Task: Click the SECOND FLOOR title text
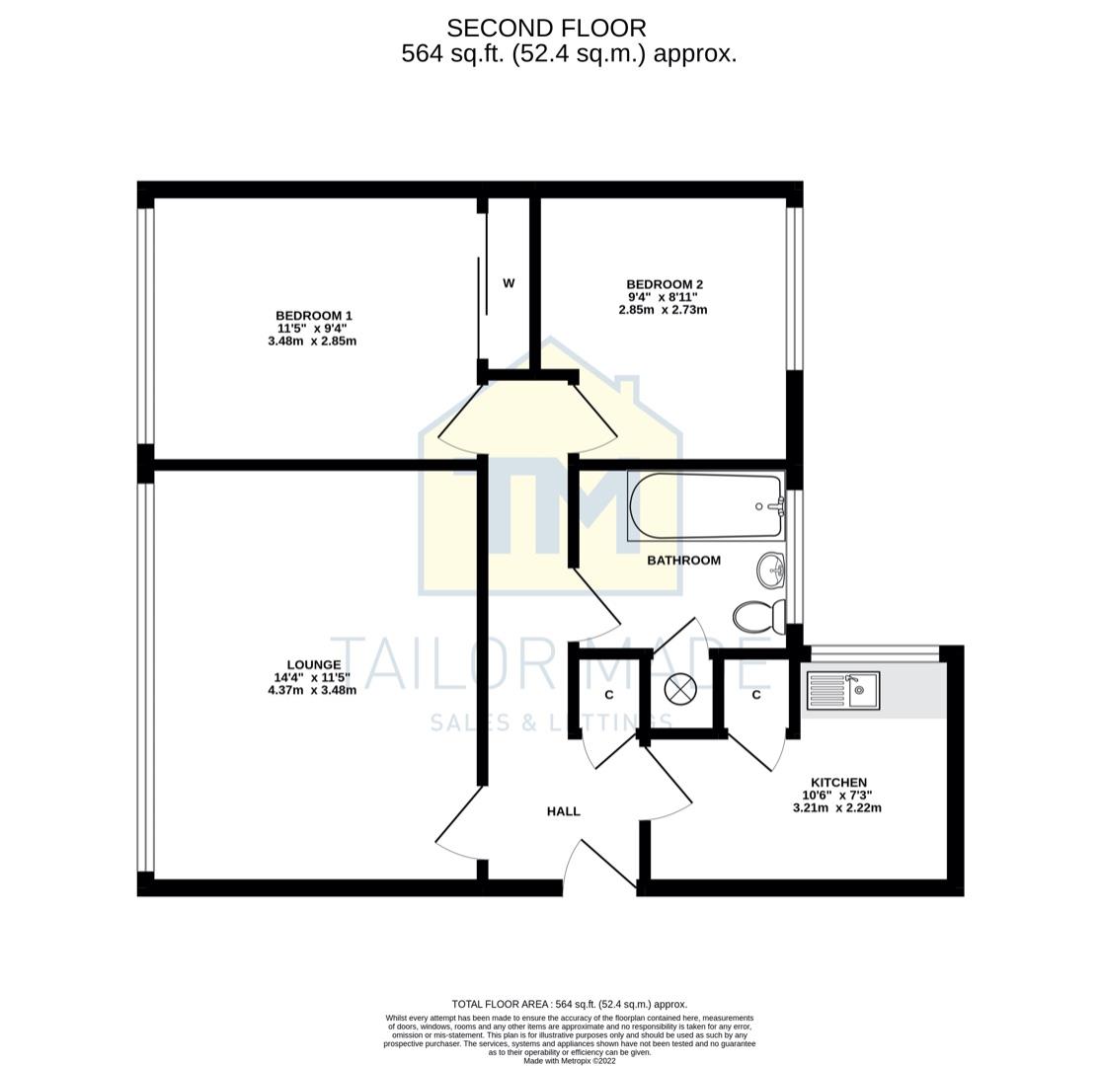pos(546,28)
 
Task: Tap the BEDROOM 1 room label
pos(313,316)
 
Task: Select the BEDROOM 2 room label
pos(664,284)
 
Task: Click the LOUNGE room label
pos(313,665)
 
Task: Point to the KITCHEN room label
pos(838,782)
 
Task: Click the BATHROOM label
pos(683,560)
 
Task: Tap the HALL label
pos(563,811)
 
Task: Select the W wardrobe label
pos(509,283)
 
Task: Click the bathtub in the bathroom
pos(705,507)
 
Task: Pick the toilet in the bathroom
pos(758,617)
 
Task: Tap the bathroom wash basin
pos(771,570)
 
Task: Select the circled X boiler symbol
pos(680,690)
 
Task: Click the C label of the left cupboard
pos(608,696)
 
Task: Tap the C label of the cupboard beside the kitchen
pos(755,695)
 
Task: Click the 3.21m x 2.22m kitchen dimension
pos(836,807)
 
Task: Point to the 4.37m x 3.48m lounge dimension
pos(312,690)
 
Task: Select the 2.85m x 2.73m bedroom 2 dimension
pos(663,310)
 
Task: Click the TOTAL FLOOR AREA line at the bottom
pos(569,1004)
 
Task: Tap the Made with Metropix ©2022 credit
pos(569,1061)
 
